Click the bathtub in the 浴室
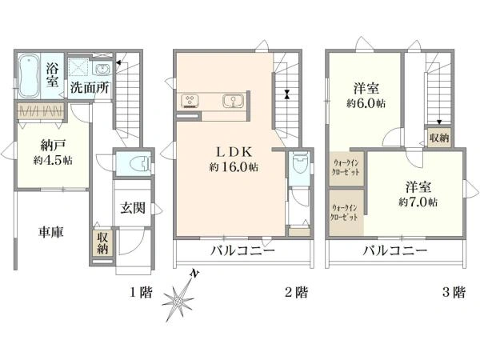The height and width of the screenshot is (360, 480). coord(29,76)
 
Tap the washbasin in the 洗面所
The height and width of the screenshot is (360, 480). coord(102,69)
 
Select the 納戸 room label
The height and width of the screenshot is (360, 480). coord(53,146)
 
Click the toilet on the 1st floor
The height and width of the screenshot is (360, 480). coord(140,164)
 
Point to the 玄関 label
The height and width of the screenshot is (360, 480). coord(132,208)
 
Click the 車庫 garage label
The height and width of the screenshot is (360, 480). coord(51,232)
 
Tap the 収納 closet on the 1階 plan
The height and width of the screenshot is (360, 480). coord(102,242)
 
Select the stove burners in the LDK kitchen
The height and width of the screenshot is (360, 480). coord(190,101)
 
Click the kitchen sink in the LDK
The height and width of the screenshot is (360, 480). coord(234,101)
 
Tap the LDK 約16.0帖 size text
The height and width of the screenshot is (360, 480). coord(234,167)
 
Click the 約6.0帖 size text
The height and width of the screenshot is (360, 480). coord(366,103)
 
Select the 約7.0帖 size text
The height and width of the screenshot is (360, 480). coord(418,202)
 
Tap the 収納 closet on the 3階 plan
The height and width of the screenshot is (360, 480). coord(439,138)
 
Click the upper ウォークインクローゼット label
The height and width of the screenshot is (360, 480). coord(346,167)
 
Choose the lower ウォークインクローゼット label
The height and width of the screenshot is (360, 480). coord(345,213)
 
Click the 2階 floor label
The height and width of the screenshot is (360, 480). coord(296,292)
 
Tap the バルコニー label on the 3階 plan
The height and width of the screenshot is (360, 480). coord(395,251)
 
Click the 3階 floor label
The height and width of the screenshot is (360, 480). coord(454,292)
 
